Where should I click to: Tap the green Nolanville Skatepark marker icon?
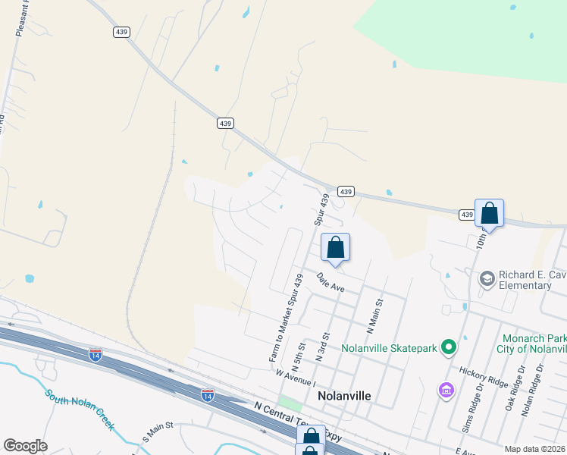click(x=449, y=347)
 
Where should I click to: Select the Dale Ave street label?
click(x=331, y=284)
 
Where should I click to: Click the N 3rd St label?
click(x=327, y=346)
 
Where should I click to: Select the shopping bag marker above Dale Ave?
click(x=335, y=247)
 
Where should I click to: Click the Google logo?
click(x=25, y=446)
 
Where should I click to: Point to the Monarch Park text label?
click(x=534, y=337)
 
